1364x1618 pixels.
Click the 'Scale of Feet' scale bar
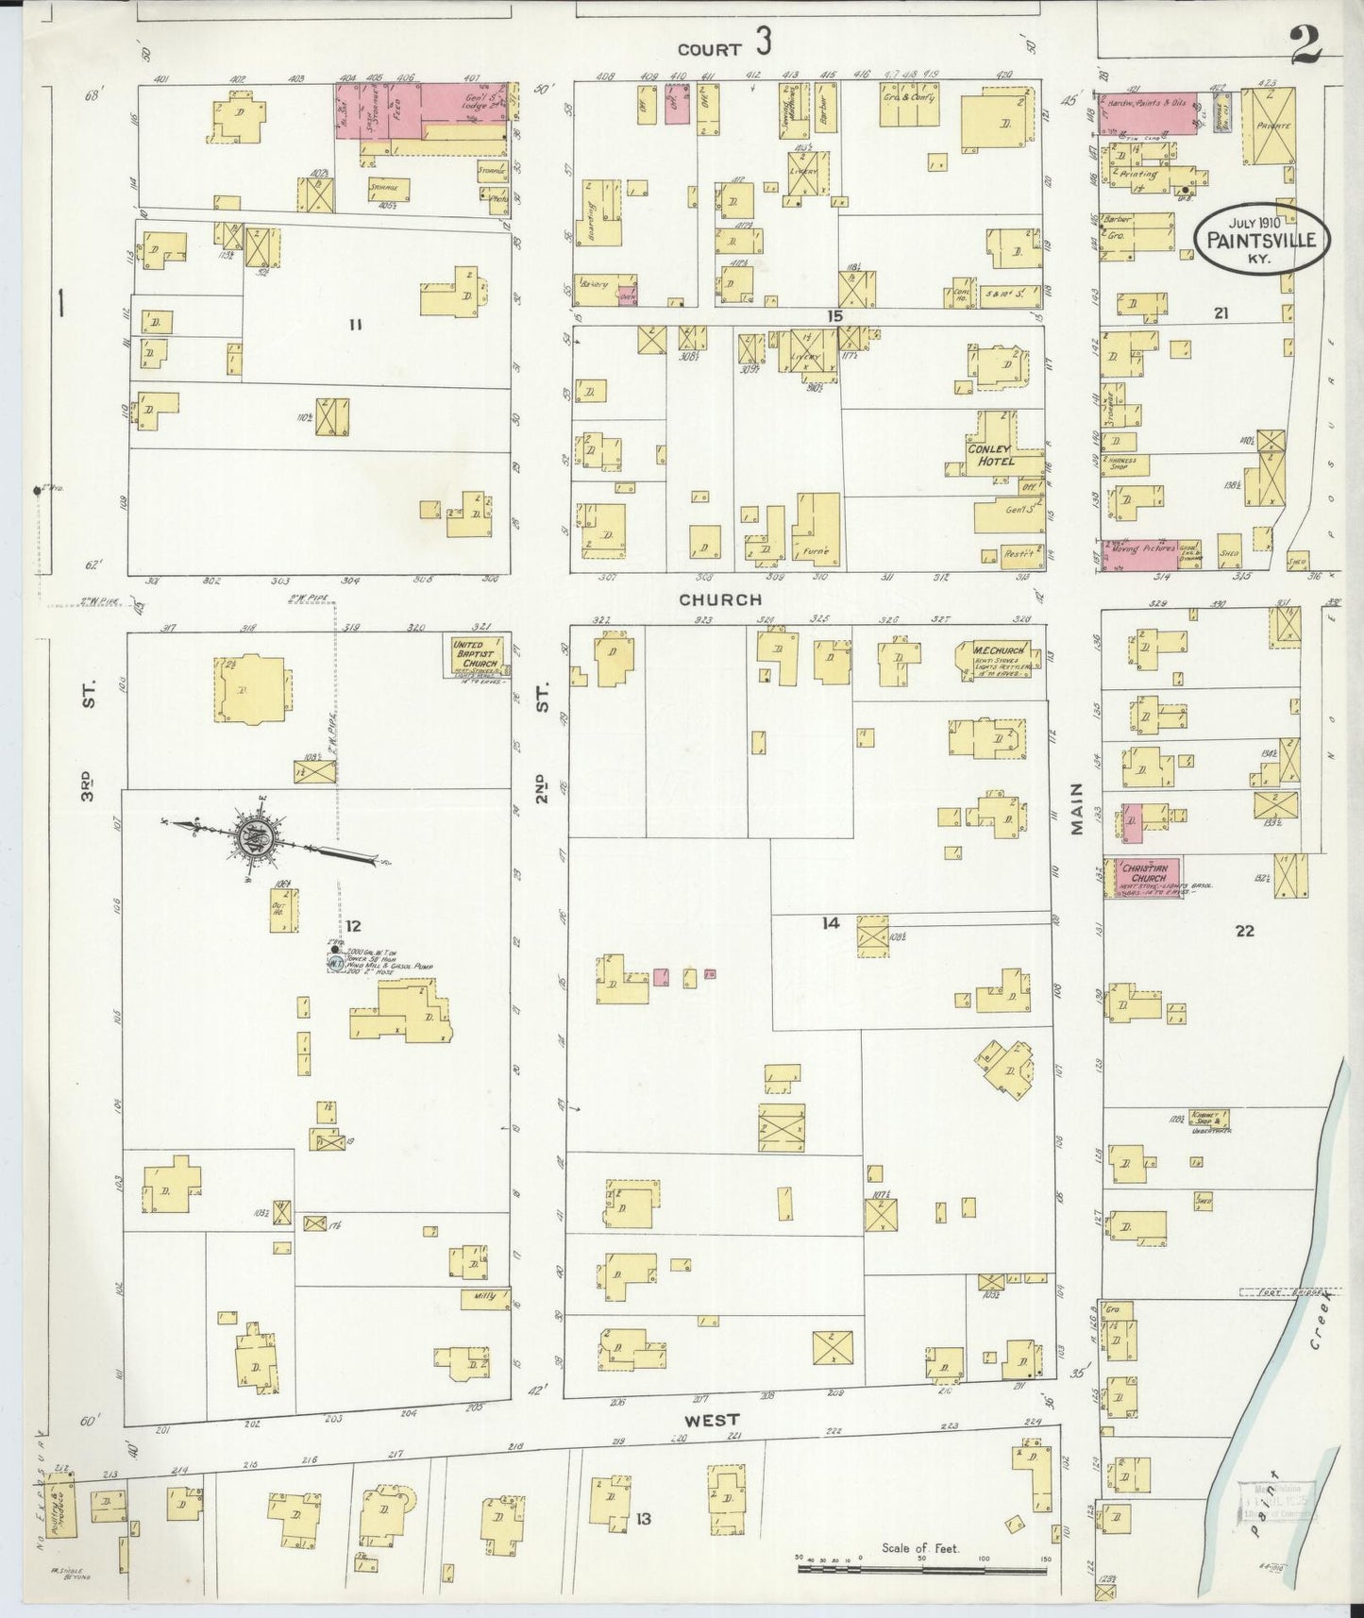pos(923,1569)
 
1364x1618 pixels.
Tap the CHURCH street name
pos(719,599)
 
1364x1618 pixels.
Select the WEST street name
pos(714,1420)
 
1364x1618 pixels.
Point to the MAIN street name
pos(1078,809)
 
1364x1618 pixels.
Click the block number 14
pos(830,923)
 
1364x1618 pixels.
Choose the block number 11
pos(354,325)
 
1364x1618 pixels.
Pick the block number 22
pos(1245,931)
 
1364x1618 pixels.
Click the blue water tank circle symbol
pos(334,964)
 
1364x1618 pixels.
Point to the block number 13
pos(644,1519)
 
